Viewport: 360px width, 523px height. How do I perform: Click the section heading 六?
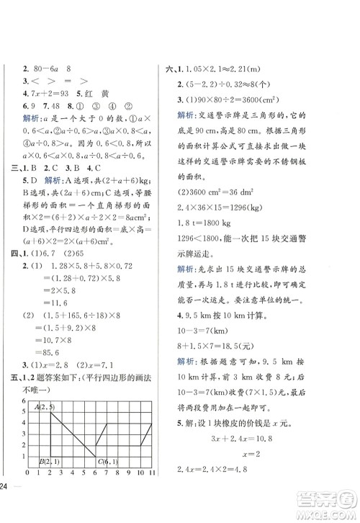tap(169, 68)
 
